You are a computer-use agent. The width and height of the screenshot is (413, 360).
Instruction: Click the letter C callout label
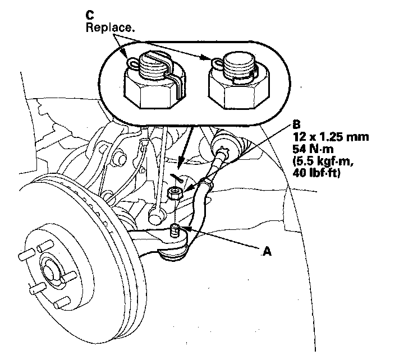tap(90, 15)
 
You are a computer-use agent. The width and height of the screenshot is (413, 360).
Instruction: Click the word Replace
tap(110, 27)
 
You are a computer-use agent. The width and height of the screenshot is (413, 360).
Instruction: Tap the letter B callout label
tap(296, 124)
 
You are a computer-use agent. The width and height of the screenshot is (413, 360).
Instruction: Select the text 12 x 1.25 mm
tap(331, 137)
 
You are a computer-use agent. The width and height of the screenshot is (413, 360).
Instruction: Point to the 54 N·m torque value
tap(313, 149)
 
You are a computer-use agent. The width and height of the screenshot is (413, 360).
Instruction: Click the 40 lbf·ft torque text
tap(316, 173)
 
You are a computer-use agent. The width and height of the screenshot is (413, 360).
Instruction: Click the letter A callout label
tap(267, 251)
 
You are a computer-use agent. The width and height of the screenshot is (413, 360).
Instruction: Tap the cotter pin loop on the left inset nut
tap(133, 63)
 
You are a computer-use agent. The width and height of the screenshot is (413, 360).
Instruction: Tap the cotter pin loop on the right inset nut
tap(218, 63)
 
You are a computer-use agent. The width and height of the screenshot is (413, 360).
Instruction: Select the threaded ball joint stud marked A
tap(175, 230)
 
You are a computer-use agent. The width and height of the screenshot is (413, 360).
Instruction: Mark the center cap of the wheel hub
tap(51, 273)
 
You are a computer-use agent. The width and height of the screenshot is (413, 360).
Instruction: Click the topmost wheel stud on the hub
tap(44, 246)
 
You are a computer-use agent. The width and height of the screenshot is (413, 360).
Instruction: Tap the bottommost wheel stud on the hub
tap(62, 303)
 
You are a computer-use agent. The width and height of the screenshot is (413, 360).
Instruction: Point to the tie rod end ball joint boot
tap(172, 254)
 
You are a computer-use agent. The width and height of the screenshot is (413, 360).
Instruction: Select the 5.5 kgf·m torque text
tap(323, 161)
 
